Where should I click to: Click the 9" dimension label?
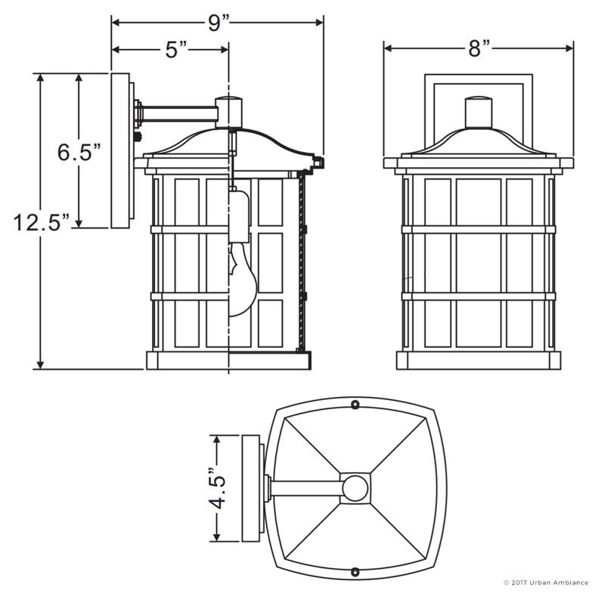pos(219,22)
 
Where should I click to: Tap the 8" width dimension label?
pos(479,49)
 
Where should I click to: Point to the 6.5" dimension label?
pos(79,151)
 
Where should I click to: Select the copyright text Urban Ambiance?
pos(545,582)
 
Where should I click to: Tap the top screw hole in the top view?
pos(355,405)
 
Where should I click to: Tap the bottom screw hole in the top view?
pos(355,571)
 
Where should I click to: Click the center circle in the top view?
pos(354,488)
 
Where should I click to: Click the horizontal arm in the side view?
pos(178,114)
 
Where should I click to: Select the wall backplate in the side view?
pos(120,151)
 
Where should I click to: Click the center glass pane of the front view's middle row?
pos(478,261)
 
